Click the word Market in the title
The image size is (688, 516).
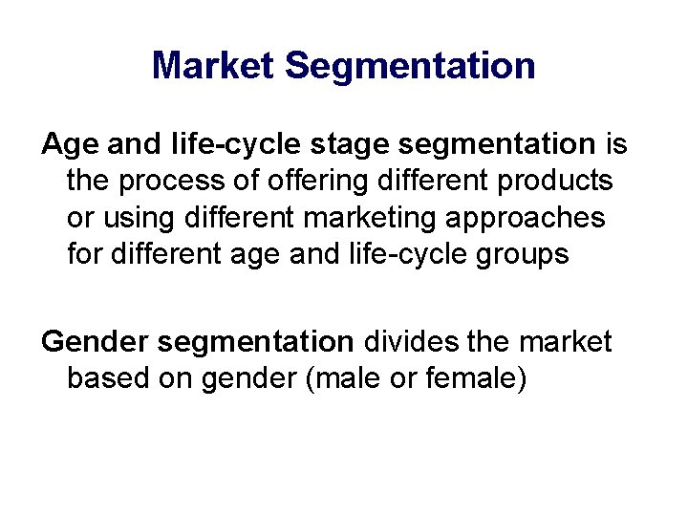click(213, 66)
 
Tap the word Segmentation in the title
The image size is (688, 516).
click(410, 66)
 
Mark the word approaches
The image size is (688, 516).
click(531, 218)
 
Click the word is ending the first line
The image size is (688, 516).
click(617, 144)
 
